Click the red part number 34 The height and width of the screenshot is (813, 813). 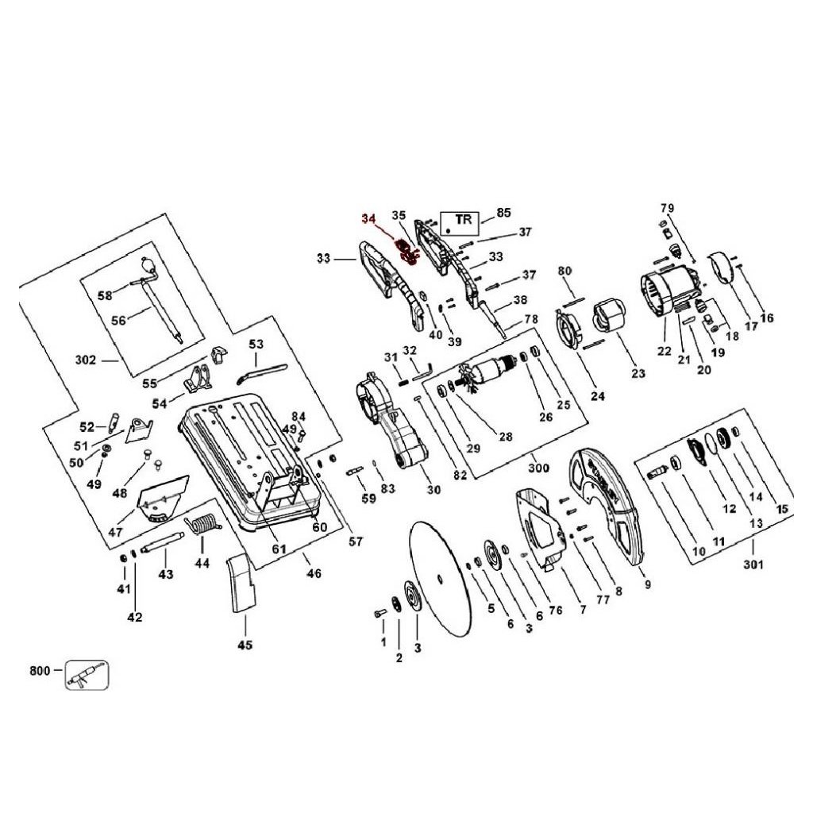pos(368,218)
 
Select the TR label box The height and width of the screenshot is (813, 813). pos(460,222)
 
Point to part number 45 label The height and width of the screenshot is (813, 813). pos(245,645)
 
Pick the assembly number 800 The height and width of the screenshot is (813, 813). pos(40,671)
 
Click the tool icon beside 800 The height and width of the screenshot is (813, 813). pos(87,675)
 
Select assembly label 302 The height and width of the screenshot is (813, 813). pos(86,360)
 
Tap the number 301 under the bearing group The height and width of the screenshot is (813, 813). pos(753,564)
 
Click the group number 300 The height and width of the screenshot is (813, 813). pos(538,468)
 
